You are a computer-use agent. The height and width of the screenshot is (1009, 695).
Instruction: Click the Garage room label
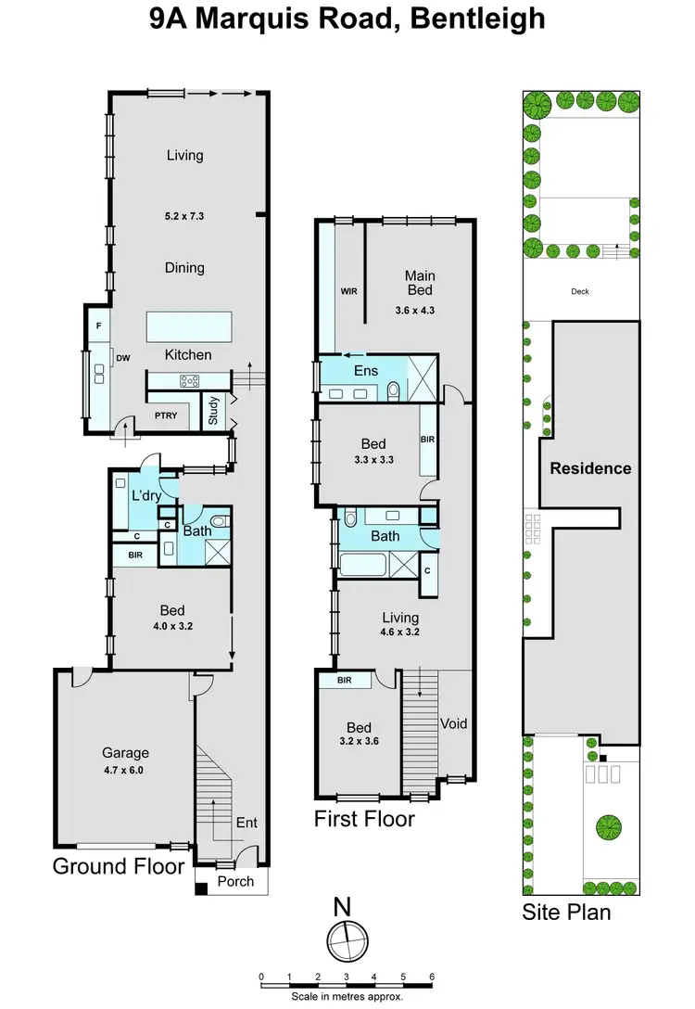(x=125, y=753)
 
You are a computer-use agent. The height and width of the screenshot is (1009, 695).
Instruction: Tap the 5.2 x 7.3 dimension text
(x=184, y=216)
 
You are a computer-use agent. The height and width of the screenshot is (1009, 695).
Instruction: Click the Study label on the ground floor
(x=213, y=411)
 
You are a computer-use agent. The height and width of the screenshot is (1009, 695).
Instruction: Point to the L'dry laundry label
(x=146, y=495)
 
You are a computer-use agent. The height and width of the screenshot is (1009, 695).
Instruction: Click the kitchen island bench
(x=188, y=327)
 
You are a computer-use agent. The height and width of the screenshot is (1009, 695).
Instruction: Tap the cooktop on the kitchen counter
(x=190, y=380)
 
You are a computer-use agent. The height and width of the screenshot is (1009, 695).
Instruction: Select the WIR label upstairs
(x=349, y=290)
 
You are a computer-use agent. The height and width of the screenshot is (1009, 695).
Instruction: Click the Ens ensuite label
(x=366, y=371)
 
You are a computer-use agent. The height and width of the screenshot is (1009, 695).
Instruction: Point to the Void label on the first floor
(x=453, y=723)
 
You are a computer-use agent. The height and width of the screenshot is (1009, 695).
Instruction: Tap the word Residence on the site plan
(x=590, y=468)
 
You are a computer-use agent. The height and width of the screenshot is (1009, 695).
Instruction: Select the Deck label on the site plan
(x=580, y=291)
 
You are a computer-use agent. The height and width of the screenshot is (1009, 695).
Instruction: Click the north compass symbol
(x=346, y=940)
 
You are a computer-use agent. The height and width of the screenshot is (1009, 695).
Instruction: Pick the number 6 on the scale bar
(x=432, y=977)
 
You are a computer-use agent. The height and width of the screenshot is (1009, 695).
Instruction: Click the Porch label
(x=234, y=881)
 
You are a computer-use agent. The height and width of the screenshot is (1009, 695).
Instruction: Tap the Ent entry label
(x=246, y=822)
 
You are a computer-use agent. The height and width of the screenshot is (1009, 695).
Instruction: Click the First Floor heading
(x=364, y=819)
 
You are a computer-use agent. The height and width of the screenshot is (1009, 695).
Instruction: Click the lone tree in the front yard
(x=608, y=824)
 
